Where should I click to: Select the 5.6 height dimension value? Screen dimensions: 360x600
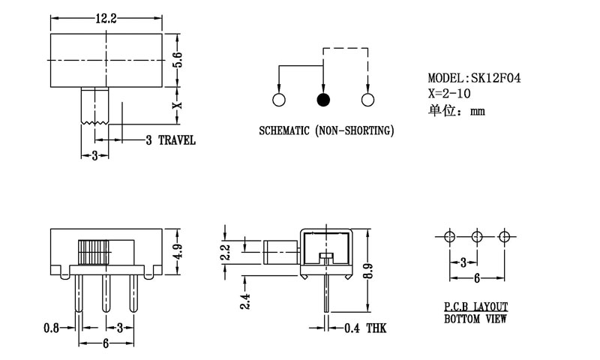click(178, 59)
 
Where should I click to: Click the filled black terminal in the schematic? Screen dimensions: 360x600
click(323, 100)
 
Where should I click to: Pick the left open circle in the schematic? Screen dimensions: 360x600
click(279, 100)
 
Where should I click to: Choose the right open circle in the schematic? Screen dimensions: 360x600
click(367, 100)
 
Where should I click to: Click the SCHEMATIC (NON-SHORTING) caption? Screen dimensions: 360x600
click(326, 130)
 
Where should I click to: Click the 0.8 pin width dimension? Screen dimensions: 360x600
click(52, 327)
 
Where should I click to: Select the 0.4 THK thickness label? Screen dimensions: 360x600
click(366, 328)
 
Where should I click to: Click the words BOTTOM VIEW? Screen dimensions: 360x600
click(475, 319)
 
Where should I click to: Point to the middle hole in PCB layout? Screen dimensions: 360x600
click(477, 236)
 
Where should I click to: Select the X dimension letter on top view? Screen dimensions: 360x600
click(178, 106)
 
